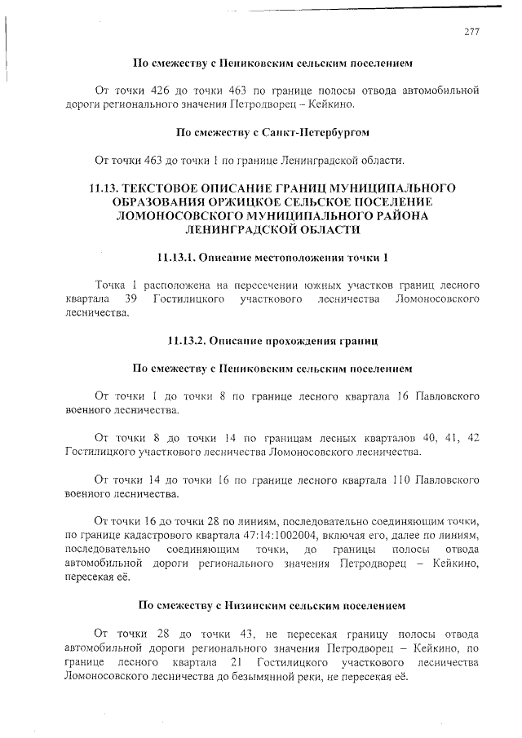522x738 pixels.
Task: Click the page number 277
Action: [x=471, y=32]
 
